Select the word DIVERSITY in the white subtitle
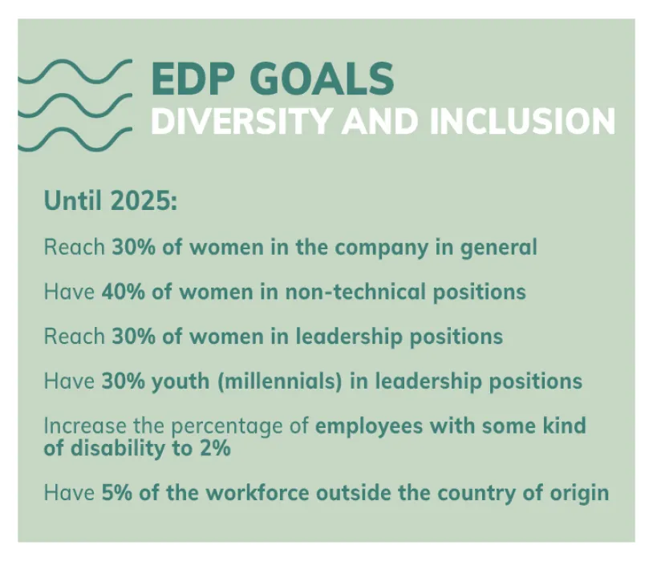242,121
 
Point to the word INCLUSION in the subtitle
522,121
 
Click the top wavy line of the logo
75,71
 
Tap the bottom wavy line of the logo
75,139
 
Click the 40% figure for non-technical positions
124,292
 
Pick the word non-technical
355,292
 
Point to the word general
498,248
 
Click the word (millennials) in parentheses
279,381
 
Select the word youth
180,381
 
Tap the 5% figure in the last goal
117,493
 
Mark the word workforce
258,493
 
